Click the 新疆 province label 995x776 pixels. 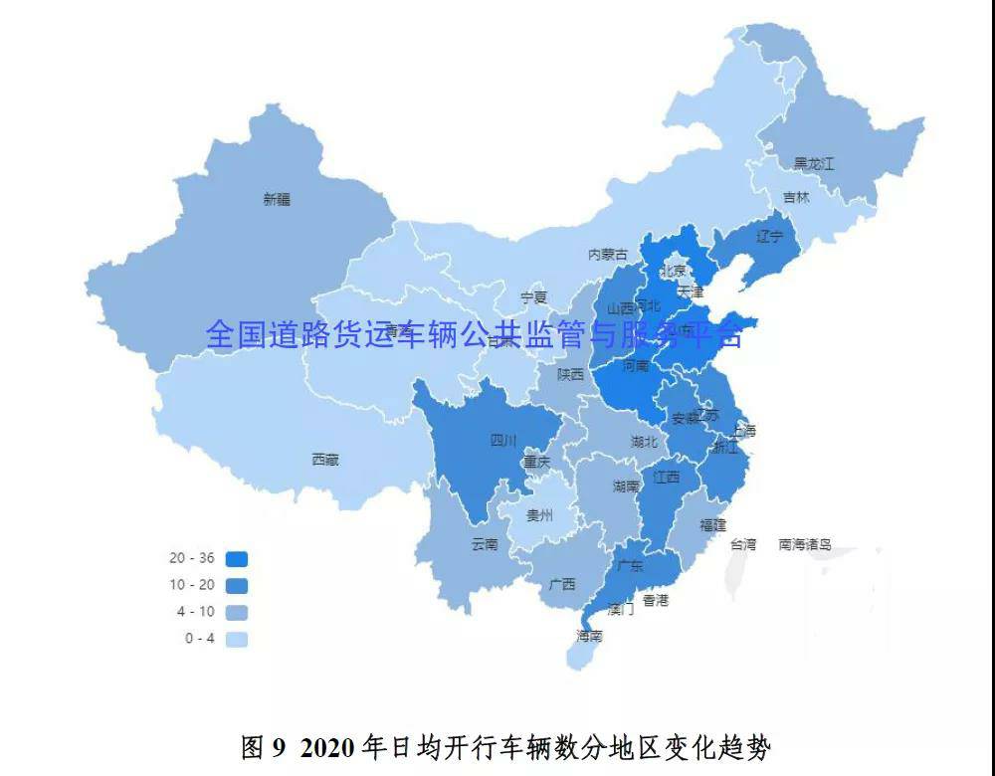click(277, 199)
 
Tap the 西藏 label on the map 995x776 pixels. click(324, 460)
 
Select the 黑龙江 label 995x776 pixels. click(813, 163)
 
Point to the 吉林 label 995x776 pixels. click(796, 198)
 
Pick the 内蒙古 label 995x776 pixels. click(608, 255)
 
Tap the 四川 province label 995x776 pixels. click(503, 440)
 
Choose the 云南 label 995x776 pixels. click(485, 544)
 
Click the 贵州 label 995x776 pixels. click(539, 515)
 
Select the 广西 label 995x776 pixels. click(562, 585)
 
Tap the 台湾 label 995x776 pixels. click(743, 544)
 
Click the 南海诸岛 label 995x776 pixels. click(805, 544)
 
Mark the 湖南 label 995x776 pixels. click(626, 486)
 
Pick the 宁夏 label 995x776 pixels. click(534, 297)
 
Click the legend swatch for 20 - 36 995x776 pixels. click(236, 559)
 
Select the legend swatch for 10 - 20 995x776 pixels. click(236, 586)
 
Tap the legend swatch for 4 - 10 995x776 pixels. click(236, 612)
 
